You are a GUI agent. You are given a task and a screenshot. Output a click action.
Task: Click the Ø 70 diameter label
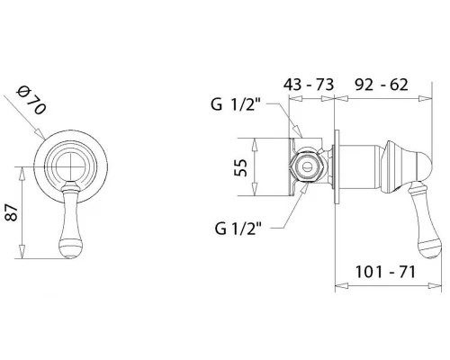(31, 101)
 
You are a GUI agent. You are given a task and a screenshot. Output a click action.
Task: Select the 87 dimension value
(13, 212)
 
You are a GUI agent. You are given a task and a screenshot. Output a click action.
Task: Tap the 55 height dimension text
(241, 167)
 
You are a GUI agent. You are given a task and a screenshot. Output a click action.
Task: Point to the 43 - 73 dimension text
(309, 85)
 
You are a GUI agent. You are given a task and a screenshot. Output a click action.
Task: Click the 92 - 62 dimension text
(382, 85)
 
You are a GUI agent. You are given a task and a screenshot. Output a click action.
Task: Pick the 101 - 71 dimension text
(385, 272)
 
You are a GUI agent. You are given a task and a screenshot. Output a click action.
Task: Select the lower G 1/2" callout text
(238, 229)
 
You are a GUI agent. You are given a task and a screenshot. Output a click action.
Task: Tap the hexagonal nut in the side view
(307, 166)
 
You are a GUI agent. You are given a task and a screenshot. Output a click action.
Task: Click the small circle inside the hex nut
(307, 166)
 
